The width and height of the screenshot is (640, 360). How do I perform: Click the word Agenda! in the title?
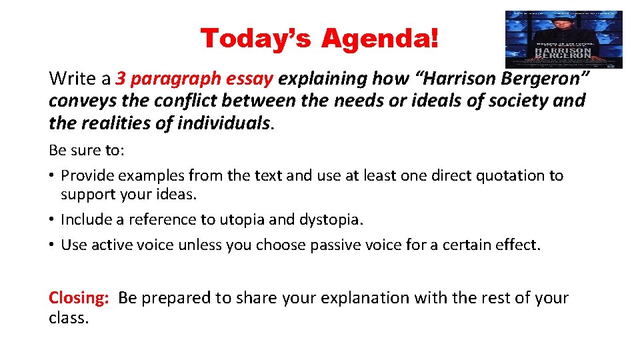click(380, 39)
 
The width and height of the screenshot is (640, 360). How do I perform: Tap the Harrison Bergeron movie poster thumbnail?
click(563, 39)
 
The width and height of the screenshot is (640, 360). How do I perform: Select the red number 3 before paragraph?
click(121, 79)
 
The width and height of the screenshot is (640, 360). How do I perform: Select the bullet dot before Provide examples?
click(52, 176)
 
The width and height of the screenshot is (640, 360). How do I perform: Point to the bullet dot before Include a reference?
click(52, 220)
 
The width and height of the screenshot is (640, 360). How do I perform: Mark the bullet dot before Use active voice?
click(52, 245)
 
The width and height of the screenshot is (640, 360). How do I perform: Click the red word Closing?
click(79, 298)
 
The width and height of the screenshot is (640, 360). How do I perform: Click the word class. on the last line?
click(69, 319)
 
